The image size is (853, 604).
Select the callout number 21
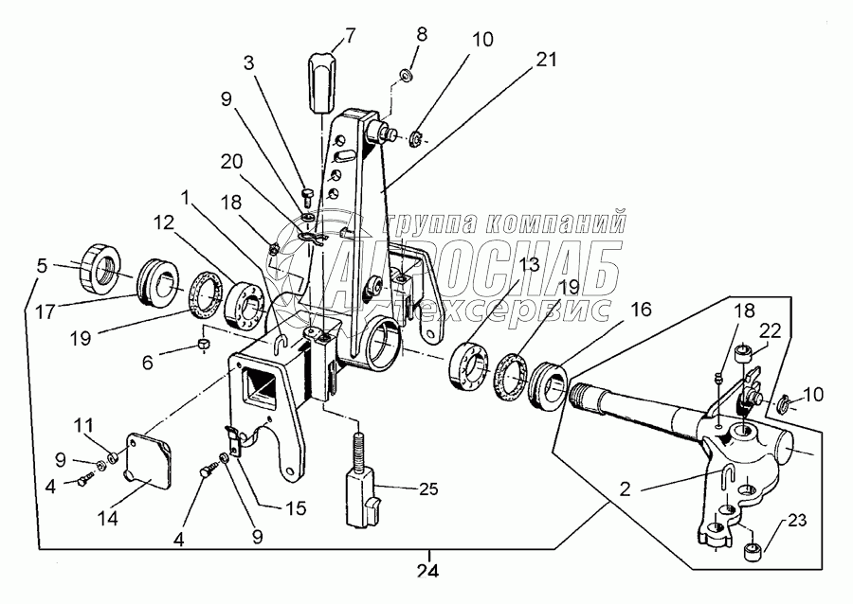click(x=546, y=60)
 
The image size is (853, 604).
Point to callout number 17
click(x=46, y=312)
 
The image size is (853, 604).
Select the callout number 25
click(x=428, y=489)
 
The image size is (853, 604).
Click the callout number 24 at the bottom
click(x=427, y=572)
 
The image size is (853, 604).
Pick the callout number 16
click(x=641, y=309)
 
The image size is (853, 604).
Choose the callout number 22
click(x=771, y=330)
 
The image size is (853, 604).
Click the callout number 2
click(x=626, y=489)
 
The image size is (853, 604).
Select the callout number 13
click(x=529, y=264)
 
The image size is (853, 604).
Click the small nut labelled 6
click(x=203, y=344)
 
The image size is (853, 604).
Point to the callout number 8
click(x=422, y=34)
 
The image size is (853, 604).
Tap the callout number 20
click(x=232, y=161)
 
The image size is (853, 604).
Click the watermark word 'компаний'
click(x=554, y=222)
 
